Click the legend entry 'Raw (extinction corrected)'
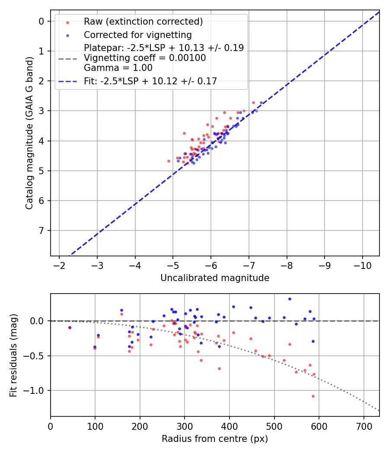(143, 22)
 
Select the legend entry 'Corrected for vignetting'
(137, 35)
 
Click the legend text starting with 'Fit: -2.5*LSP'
(150, 81)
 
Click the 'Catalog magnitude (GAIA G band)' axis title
(29, 132)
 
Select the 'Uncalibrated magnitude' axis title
(215, 278)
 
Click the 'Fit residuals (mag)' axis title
(13, 355)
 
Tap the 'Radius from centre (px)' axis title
(215, 439)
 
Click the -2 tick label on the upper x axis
(59, 265)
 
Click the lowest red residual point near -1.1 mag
(313, 396)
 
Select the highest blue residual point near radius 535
(290, 299)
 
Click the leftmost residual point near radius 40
(70, 328)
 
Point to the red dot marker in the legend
(67, 22)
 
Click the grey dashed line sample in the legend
(67, 58)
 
